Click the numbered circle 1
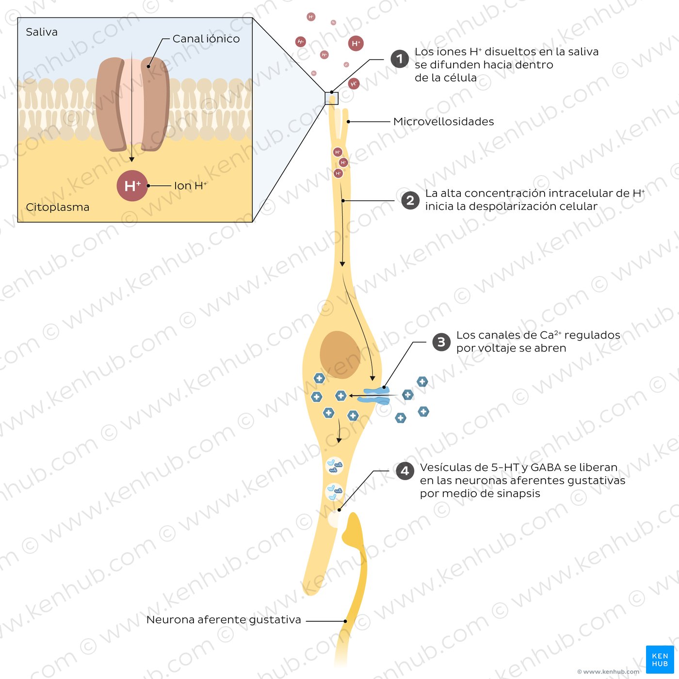(400, 59)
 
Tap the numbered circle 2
(410, 200)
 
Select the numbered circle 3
(441, 342)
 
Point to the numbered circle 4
(405, 470)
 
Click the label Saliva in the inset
(42, 32)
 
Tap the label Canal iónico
(206, 39)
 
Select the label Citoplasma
(58, 207)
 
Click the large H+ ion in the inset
(132, 186)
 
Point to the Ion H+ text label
(190, 186)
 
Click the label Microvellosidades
(443, 122)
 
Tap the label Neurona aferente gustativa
(224, 620)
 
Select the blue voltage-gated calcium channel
(377, 396)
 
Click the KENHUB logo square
(660, 660)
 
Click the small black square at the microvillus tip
(331, 98)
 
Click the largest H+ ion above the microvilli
(356, 44)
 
